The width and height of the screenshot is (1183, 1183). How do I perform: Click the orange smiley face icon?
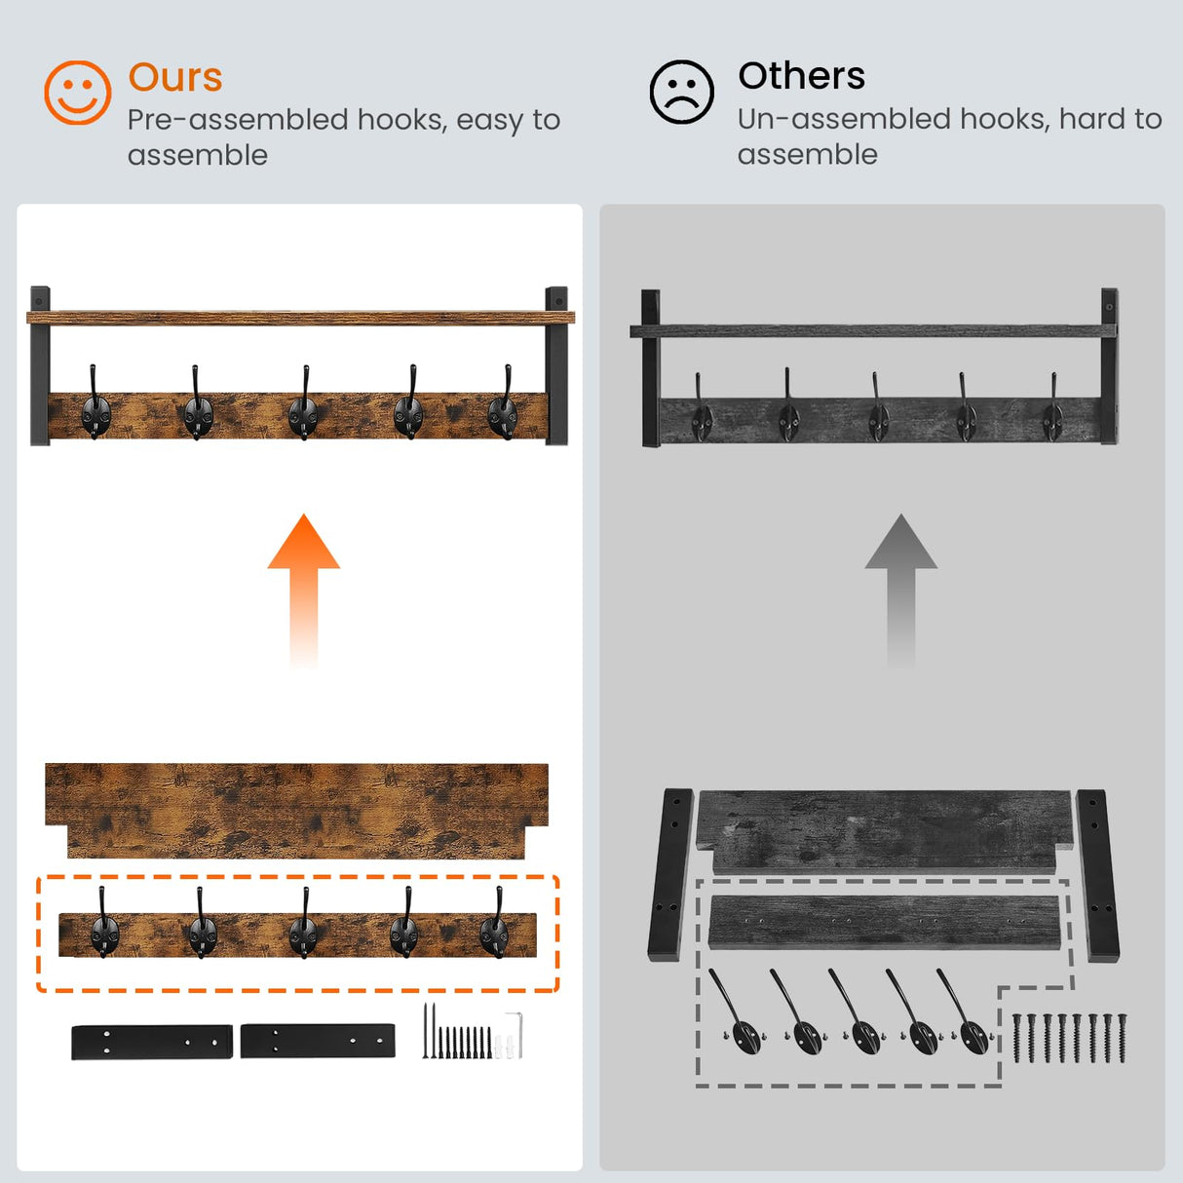77,93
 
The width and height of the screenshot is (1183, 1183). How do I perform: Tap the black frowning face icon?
681,92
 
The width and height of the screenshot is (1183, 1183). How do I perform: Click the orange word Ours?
175,77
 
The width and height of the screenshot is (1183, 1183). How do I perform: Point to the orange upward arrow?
303,590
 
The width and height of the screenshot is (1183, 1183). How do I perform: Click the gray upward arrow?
900,590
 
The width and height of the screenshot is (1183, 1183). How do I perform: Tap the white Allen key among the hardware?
516,1035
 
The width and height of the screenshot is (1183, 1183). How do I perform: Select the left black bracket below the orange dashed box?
152,1042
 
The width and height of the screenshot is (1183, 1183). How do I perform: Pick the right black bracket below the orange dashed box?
318,1041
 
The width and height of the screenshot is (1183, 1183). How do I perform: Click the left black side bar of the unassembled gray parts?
670,874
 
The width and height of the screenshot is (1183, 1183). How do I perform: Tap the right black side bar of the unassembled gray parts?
1097,875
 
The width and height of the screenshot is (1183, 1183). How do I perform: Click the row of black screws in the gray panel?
1069,1038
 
